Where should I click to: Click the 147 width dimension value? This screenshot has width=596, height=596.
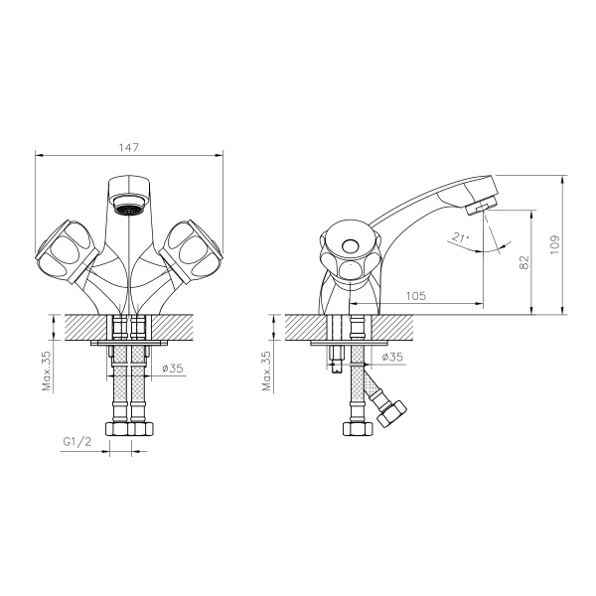click(x=128, y=147)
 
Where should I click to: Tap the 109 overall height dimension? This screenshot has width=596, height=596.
click(x=554, y=242)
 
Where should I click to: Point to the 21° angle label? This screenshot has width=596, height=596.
click(x=457, y=237)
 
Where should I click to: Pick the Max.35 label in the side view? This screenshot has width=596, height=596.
click(x=265, y=369)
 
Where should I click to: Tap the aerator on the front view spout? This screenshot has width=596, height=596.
click(x=128, y=209)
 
